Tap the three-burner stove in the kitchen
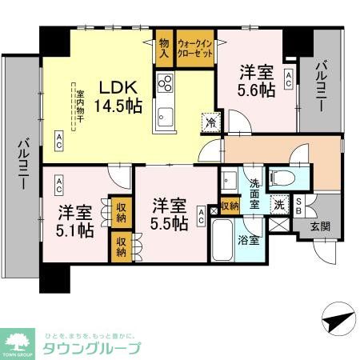pos(166,83)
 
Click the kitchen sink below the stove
pos(165,114)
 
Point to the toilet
pos(282,176)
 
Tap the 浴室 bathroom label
pos(248,238)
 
